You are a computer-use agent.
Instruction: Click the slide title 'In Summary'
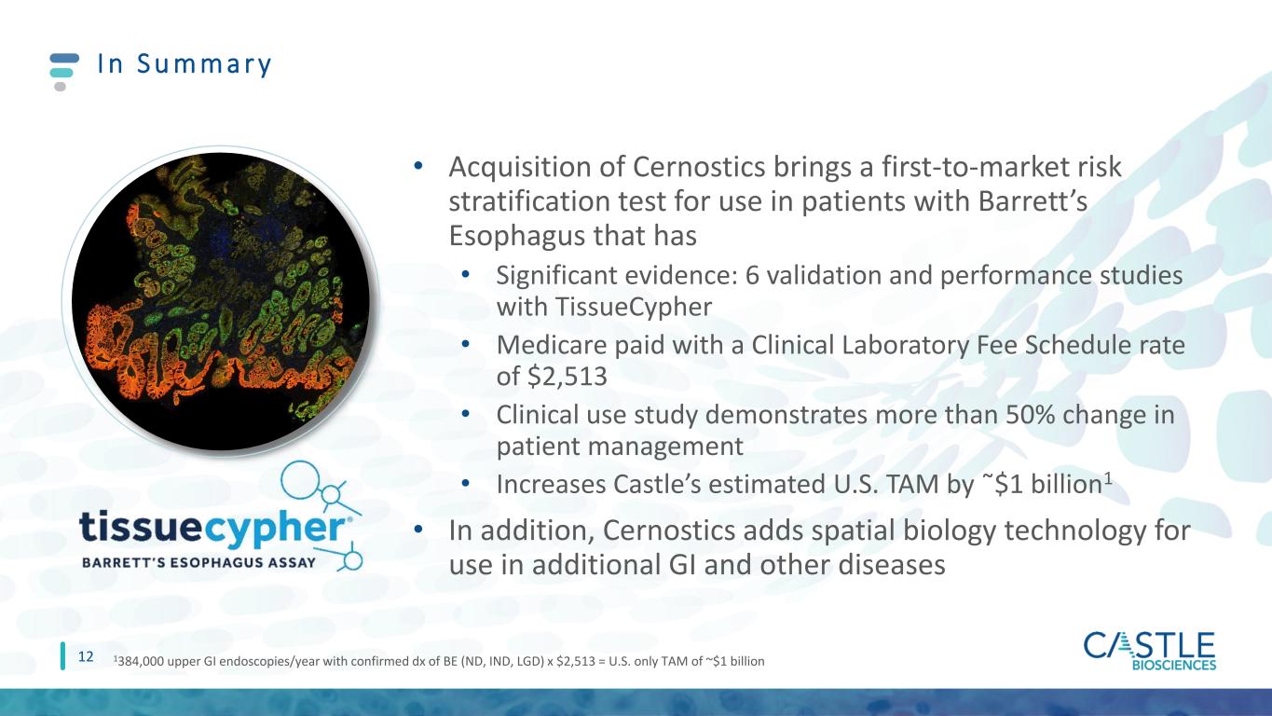tap(184, 63)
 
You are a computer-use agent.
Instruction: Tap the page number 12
tap(85, 657)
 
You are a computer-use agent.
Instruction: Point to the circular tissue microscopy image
tap(220, 302)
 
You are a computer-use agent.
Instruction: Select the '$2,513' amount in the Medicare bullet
tap(568, 377)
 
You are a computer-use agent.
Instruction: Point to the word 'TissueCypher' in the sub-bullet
tap(633, 308)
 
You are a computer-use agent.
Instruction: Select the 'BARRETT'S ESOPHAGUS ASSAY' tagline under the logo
tap(198, 562)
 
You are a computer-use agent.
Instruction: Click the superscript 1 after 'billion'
tap(1107, 478)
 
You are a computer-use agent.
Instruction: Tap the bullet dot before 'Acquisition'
tap(418, 166)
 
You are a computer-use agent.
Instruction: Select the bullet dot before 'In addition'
tap(418, 530)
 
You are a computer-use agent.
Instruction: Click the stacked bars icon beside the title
tap(63, 72)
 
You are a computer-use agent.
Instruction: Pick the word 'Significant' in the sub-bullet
tap(557, 277)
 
